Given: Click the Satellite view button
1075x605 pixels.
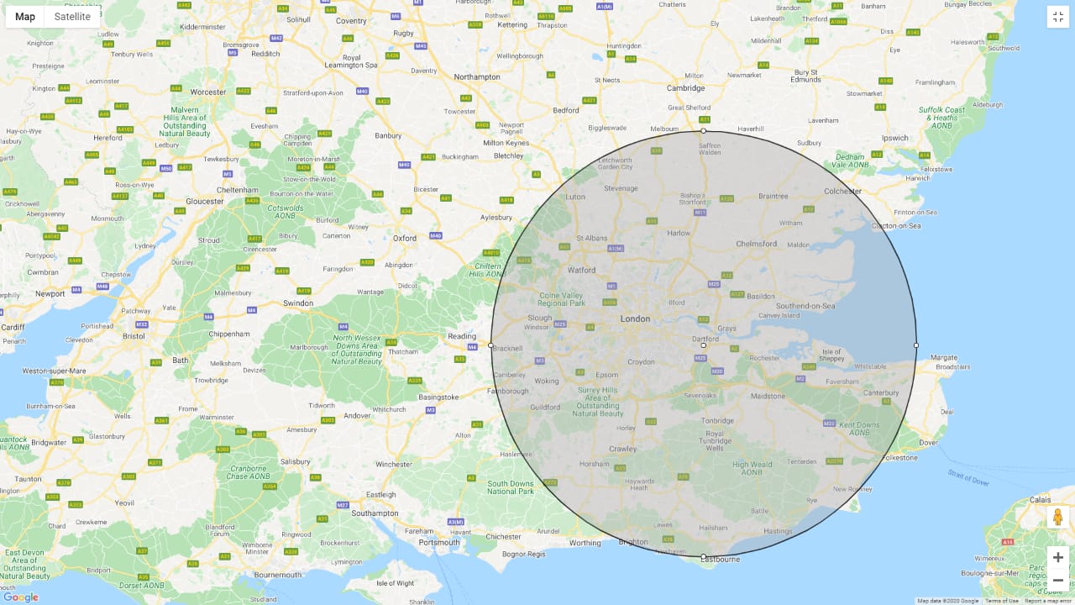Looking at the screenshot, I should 72,17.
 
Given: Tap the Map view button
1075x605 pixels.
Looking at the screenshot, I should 25,17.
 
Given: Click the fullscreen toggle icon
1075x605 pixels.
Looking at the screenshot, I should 1057,17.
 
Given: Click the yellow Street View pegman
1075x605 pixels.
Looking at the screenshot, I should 1057,517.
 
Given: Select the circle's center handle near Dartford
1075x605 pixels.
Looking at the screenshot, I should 704,345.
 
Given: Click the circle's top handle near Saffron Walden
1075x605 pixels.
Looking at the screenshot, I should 704,130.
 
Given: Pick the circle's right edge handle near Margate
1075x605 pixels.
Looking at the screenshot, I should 916,345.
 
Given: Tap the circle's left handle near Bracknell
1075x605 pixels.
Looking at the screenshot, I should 491,345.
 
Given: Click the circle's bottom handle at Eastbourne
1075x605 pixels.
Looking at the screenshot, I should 704,556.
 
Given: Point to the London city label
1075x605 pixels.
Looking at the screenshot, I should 635,319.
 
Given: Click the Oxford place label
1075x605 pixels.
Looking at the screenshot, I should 405,238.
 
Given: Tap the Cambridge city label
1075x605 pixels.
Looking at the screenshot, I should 685,87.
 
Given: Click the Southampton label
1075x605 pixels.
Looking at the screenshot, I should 375,513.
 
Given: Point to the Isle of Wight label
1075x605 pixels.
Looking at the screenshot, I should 395,583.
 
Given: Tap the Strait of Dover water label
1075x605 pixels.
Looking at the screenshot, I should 968,478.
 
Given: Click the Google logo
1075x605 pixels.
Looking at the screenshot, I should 20,597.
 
